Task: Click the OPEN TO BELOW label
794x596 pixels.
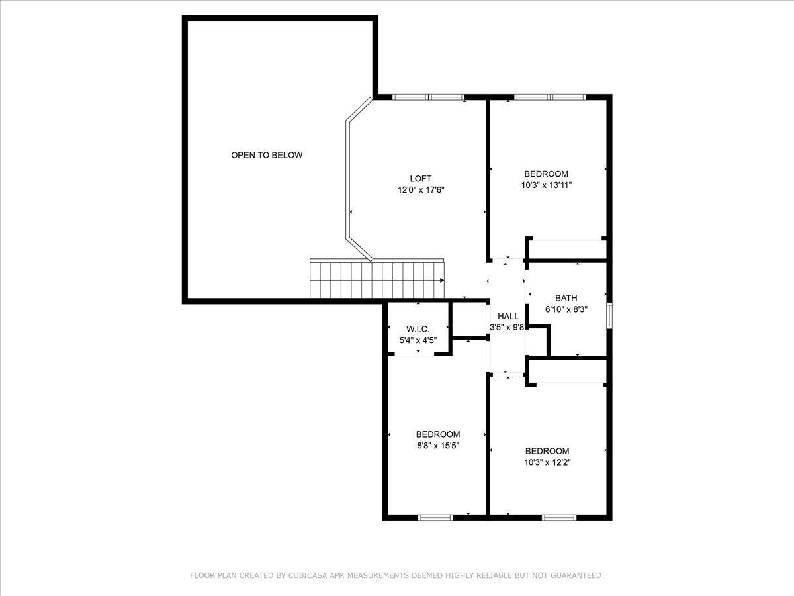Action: click(267, 155)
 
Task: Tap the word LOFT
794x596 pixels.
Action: click(420, 179)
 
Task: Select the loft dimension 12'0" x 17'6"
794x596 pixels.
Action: click(420, 191)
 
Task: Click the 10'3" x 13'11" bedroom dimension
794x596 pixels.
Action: click(546, 186)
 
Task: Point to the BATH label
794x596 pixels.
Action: click(566, 298)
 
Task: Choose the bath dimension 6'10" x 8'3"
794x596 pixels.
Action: click(566, 309)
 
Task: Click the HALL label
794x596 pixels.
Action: click(508, 317)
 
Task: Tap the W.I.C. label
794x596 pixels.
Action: click(418, 329)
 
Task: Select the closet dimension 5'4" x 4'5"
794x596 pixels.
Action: click(418, 340)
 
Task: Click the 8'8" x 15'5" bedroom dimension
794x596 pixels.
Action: click(437, 446)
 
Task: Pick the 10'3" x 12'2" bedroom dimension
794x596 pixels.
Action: click(546, 462)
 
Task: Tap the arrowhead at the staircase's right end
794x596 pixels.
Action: click(441, 280)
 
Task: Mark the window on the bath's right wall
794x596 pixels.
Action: click(609, 315)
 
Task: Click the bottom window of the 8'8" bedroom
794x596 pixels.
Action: click(435, 517)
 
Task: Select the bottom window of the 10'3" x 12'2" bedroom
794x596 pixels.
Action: click(559, 517)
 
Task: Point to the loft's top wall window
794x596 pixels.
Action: click(428, 97)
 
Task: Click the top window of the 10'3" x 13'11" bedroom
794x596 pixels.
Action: click(550, 97)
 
